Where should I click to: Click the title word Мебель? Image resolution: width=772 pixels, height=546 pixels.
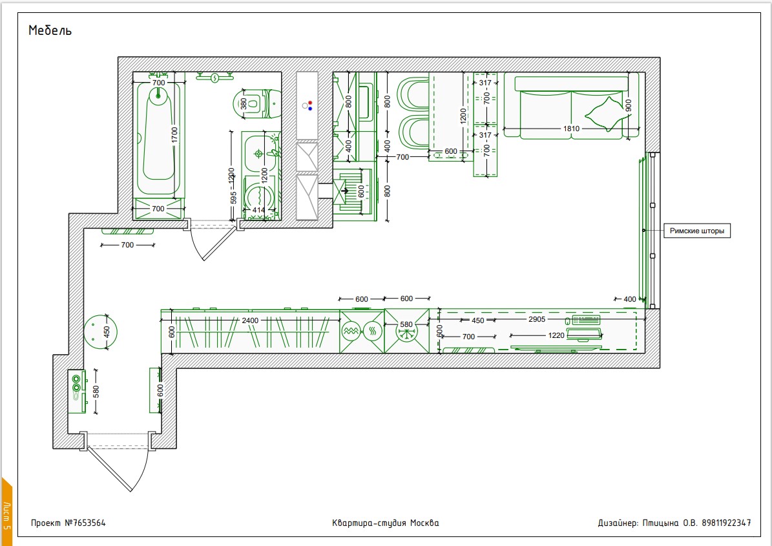point(50,30)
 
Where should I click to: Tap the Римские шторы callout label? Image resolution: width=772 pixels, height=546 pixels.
point(696,231)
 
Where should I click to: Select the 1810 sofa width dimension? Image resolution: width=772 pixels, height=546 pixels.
point(571,129)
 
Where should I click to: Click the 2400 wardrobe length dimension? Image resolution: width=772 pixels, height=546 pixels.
point(250,320)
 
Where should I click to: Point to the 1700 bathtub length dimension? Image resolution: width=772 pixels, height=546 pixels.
point(174,136)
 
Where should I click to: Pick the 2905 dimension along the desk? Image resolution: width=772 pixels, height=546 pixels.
point(537,319)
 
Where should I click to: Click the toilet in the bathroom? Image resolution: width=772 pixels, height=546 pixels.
point(256,104)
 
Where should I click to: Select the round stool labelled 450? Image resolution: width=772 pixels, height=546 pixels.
point(100,332)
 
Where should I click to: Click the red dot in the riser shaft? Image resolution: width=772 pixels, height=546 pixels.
point(310,103)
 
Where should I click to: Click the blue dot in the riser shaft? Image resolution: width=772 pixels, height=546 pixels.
point(310,109)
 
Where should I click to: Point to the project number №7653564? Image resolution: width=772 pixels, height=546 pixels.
point(68,523)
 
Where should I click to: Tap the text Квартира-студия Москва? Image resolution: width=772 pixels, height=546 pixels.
point(386,523)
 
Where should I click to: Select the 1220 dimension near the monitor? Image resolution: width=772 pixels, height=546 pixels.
point(556,335)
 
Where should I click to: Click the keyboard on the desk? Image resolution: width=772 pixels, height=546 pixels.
point(586,320)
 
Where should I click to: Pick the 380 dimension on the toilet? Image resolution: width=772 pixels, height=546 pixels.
point(243,103)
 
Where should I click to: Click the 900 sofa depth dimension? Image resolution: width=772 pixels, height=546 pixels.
point(628,106)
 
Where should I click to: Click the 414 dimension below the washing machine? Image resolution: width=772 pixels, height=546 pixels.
point(259,210)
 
